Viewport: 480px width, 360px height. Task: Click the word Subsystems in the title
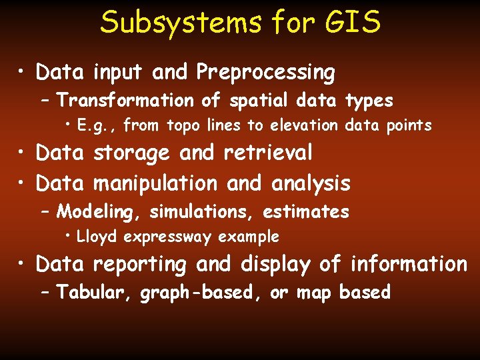tap(181, 23)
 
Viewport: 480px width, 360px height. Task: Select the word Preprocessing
tap(265, 73)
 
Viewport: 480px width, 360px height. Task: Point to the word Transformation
tap(124, 101)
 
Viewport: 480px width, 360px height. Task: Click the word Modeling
tap(100, 213)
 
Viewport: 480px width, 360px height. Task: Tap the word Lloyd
tap(98, 237)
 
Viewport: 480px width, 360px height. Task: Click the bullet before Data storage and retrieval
tap(23, 153)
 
